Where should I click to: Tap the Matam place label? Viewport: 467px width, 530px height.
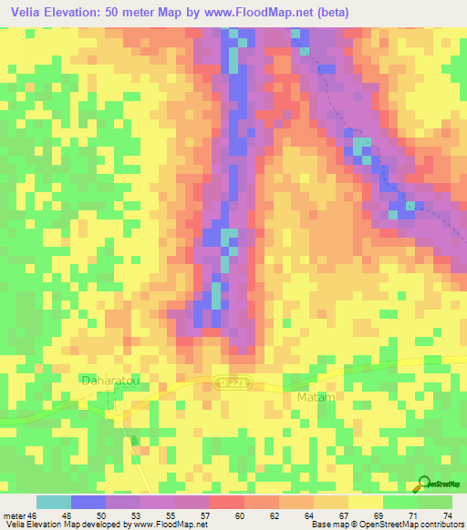coord(317,398)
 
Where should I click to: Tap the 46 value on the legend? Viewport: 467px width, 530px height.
coord(35,515)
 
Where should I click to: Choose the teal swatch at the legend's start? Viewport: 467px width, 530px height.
coord(54,502)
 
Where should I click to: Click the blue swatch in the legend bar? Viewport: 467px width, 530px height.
coord(88,502)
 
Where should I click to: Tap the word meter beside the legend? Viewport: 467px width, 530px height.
coord(14,515)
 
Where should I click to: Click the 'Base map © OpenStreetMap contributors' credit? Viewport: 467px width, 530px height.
coord(386,525)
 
